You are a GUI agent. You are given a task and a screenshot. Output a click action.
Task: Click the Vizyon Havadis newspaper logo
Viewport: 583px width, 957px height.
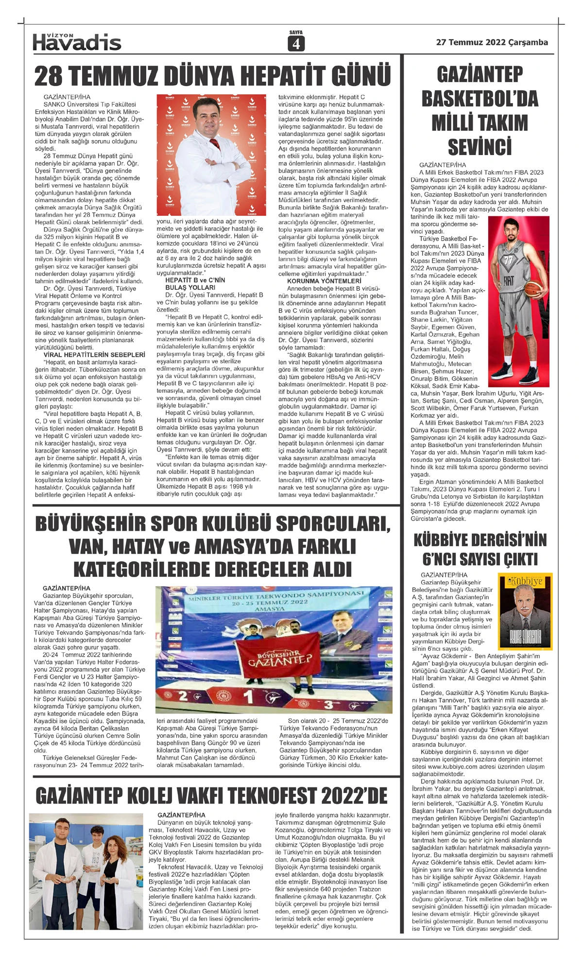coord(77,42)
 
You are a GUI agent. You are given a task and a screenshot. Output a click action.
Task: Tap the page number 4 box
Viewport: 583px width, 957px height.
coord(296,44)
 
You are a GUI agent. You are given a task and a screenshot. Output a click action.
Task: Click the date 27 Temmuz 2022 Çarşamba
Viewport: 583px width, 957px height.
coord(492,42)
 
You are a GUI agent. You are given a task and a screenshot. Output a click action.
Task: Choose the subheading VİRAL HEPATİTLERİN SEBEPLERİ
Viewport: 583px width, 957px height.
coord(94,355)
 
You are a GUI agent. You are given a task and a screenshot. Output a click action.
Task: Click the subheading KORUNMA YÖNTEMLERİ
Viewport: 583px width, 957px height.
coord(324,281)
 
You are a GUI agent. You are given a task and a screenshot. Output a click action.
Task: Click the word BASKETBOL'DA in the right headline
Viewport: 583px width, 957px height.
coord(480,99)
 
